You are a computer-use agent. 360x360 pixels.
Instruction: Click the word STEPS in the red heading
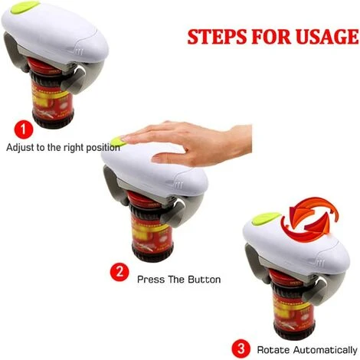pyautogui.click(x=218, y=36)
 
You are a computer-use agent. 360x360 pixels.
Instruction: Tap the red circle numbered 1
pyautogui.click(x=24, y=129)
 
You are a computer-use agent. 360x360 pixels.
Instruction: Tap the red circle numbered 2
pyautogui.click(x=119, y=272)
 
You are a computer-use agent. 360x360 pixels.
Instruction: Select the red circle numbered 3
pyautogui.click(x=241, y=349)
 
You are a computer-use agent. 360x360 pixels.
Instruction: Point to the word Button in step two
pyautogui.click(x=205, y=280)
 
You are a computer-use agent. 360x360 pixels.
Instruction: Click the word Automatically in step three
pyautogui.click(x=325, y=350)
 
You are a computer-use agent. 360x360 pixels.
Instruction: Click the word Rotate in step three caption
pyautogui.click(x=273, y=350)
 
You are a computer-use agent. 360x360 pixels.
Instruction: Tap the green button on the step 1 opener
pyautogui.click(x=25, y=7)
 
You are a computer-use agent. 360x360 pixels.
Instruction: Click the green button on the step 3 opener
pyautogui.click(x=266, y=218)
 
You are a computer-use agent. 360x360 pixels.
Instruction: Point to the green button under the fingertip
pyautogui.click(x=118, y=142)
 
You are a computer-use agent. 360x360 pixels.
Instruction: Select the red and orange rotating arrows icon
pyautogui.click(x=309, y=216)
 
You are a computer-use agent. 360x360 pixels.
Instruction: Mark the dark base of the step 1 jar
pyautogui.click(x=53, y=119)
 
